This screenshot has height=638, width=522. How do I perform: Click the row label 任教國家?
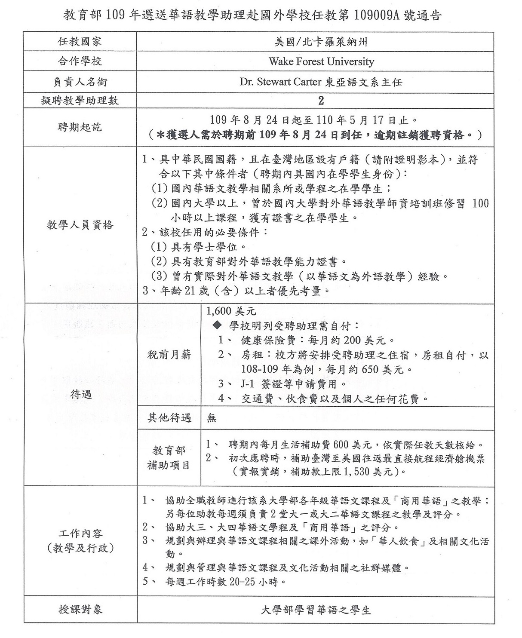click(x=80, y=42)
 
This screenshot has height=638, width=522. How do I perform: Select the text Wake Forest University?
click(x=321, y=61)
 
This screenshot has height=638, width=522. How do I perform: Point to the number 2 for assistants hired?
click(x=321, y=101)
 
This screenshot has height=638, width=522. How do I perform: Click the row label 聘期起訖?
click(x=80, y=128)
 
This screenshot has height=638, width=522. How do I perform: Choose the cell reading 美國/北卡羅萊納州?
click(x=321, y=42)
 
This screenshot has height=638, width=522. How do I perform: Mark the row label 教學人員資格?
click(x=80, y=225)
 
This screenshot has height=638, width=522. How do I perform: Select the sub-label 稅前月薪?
click(x=169, y=355)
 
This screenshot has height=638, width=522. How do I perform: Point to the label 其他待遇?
click(x=169, y=418)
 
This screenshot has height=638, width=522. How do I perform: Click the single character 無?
click(x=212, y=418)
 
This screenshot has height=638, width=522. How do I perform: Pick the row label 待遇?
click(x=81, y=394)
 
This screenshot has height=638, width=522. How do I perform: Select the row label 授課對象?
click(x=80, y=610)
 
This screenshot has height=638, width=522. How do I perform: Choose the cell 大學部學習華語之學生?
click(x=316, y=610)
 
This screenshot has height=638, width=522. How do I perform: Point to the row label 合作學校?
click(x=80, y=61)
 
